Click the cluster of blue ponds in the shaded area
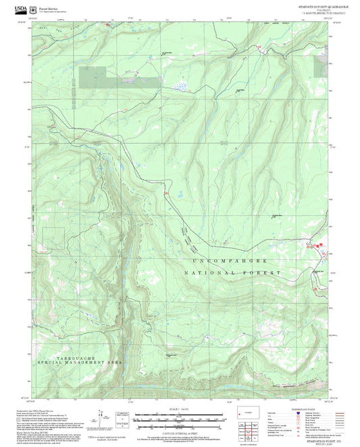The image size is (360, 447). tap(180, 86)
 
